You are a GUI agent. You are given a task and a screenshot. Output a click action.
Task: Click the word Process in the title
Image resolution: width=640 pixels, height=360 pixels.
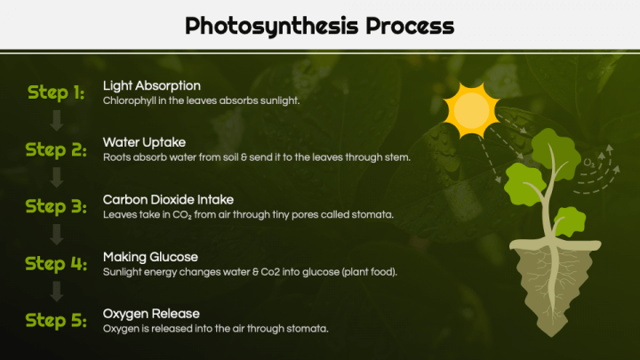point(408,26)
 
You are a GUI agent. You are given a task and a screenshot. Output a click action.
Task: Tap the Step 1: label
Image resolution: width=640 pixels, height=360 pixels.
point(56,92)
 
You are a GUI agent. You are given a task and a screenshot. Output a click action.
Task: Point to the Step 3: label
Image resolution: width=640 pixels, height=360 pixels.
point(56,206)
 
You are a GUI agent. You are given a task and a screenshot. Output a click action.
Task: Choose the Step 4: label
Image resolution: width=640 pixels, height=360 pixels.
point(56,263)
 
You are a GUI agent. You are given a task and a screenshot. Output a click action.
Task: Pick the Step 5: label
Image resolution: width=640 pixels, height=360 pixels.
point(56,320)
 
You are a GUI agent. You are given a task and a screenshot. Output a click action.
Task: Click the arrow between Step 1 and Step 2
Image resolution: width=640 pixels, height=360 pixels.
point(56,121)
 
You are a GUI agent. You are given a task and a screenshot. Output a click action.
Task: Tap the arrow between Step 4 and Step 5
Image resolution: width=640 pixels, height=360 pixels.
point(56,292)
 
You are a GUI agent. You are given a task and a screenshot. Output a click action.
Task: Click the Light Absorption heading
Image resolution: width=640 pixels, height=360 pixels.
point(151,85)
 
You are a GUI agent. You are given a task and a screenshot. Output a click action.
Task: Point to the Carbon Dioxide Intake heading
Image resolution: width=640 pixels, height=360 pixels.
point(168,199)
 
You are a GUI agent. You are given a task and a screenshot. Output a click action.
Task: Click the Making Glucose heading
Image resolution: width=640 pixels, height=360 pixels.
point(150,256)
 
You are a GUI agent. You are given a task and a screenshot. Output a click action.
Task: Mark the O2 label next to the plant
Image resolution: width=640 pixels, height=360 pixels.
point(588,162)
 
